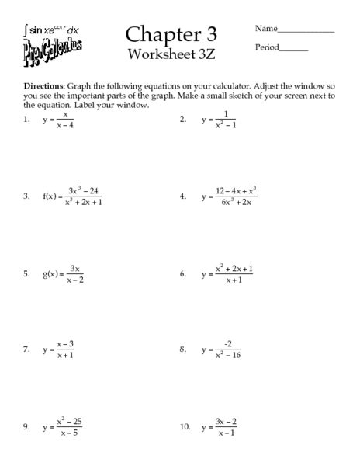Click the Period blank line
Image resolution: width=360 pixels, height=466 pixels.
(293, 49)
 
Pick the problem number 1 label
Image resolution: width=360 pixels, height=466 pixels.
(27, 120)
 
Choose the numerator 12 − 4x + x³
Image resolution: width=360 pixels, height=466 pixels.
(236, 191)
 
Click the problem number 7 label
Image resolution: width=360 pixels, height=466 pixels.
(27, 349)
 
